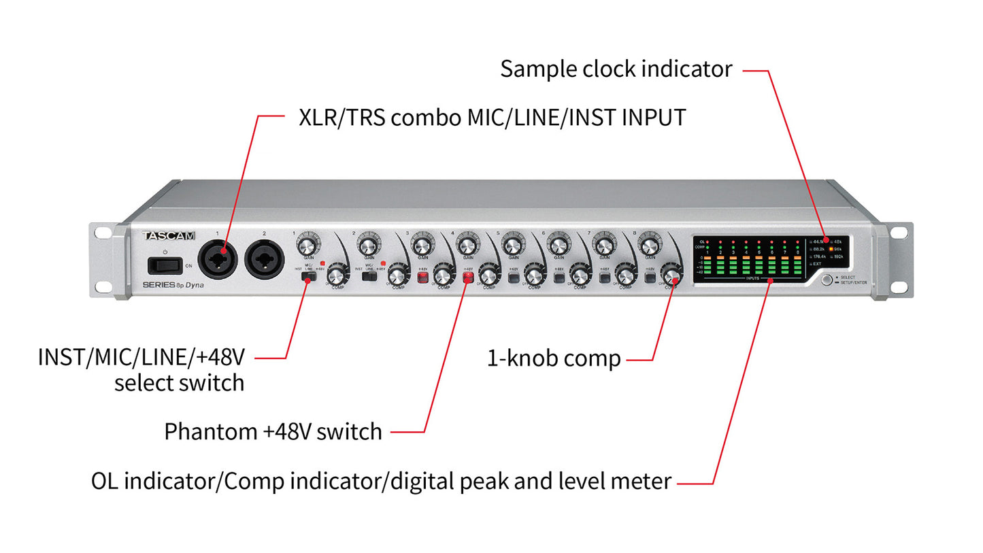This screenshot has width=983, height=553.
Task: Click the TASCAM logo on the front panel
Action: [x=169, y=236]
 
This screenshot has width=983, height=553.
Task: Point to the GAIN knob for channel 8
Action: [x=650, y=243]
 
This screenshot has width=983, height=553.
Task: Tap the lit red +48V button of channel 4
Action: [x=468, y=276]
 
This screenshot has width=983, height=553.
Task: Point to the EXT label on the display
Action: [x=816, y=263]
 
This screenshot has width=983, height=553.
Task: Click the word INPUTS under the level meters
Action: [x=753, y=278]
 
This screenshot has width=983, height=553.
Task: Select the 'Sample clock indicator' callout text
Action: [x=616, y=69]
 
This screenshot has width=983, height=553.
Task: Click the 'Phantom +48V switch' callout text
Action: [x=273, y=431]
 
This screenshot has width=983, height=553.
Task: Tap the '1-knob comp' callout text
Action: [x=554, y=358]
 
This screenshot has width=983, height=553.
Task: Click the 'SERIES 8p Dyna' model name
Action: [x=173, y=285]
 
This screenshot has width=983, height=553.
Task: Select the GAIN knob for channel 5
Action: [x=513, y=243]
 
